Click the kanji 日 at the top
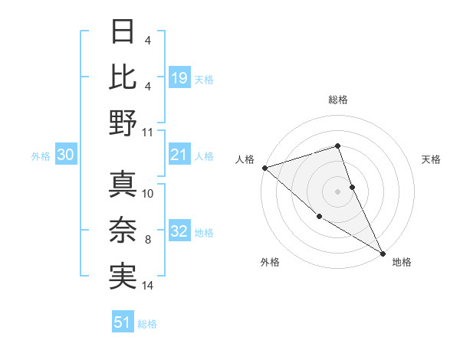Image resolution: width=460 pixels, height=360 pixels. (123, 31)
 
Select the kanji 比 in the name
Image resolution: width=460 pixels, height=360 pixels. (123, 77)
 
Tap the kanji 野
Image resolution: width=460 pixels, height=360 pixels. (123, 122)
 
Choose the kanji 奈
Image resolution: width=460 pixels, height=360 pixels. (123, 230)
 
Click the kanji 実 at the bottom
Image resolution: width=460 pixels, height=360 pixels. (123, 275)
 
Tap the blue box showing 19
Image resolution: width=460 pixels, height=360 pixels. (179, 77)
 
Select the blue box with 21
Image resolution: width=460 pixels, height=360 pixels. (179, 155)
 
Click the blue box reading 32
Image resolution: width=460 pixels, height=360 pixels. (179, 232)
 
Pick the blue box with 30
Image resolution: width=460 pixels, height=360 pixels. (65, 155)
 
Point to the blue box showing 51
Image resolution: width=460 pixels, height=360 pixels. (123, 322)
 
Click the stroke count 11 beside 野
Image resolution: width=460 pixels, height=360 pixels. (148, 131)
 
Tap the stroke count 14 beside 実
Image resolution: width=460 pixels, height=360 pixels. (148, 285)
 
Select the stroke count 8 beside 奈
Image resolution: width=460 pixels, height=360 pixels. (148, 240)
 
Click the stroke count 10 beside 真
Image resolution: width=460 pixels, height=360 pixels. (148, 194)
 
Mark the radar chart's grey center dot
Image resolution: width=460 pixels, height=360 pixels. (337, 191)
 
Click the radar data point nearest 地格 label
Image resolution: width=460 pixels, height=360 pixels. (383, 253)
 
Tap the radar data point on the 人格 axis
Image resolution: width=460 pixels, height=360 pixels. (264, 167)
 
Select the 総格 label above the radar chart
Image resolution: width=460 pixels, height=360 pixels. (337, 100)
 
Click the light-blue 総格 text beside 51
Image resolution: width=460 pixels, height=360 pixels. (147, 324)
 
